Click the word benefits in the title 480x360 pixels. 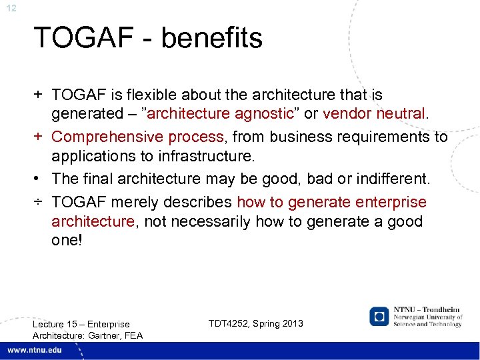211,38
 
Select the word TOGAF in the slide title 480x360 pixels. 79,38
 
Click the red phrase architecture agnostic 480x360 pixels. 220,113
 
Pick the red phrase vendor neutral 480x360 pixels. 373,113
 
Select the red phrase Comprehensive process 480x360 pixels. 137,137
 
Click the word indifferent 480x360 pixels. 394,179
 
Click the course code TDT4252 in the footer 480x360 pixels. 230,323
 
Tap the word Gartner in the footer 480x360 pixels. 105,335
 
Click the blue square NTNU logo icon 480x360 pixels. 379,316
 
